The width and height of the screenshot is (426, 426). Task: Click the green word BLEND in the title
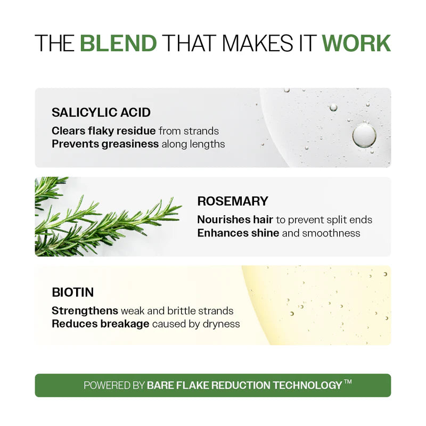(118, 43)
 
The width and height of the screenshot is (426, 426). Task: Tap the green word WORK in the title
(356, 43)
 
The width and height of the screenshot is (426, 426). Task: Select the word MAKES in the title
(258, 43)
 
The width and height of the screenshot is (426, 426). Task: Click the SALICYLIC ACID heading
(101, 112)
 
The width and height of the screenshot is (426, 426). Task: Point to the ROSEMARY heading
(233, 201)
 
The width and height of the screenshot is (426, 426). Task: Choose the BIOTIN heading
(73, 292)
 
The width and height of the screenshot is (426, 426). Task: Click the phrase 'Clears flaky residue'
(103, 131)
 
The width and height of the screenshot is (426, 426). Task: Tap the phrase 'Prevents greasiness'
(105, 144)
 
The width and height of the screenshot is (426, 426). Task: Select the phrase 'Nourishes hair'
(235, 219)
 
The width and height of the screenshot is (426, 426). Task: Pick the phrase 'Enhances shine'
(238, 233)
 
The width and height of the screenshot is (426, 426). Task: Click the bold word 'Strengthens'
(85, 311)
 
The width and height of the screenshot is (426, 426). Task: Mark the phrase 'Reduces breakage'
(100, 324)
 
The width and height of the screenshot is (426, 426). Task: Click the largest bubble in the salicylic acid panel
(364, 136)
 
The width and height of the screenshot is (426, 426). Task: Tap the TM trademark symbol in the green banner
(348, 381)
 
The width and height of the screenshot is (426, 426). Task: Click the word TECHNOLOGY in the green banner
(307, 385)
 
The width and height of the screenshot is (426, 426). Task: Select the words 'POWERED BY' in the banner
(114, 385)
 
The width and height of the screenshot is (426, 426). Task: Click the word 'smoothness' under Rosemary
(331, 233)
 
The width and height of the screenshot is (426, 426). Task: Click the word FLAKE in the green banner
(192, 385)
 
